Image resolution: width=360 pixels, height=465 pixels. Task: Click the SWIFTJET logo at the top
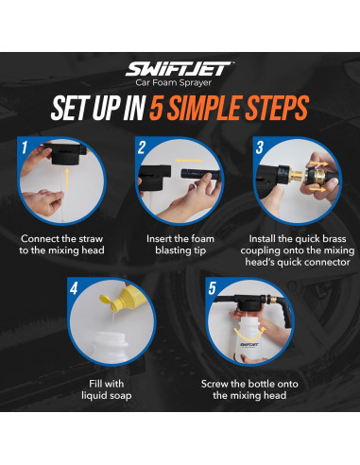click(x=180, y=69)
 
